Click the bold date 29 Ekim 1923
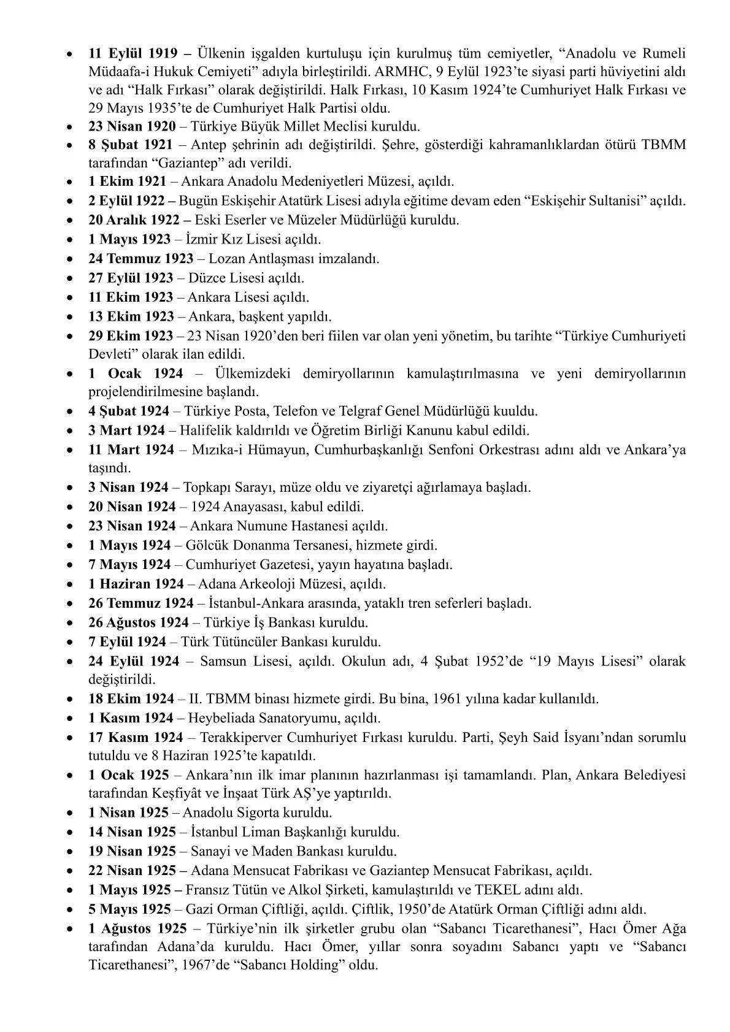[131, 336]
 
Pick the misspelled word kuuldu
[518, 411]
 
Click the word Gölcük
[205, 545]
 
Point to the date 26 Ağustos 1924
[139, 622]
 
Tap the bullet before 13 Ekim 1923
[72, 318]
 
